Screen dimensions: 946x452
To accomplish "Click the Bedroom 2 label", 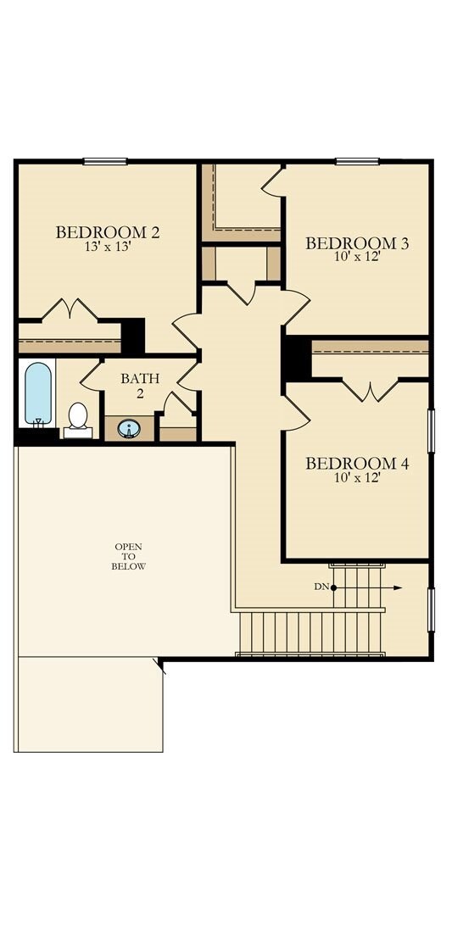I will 108,231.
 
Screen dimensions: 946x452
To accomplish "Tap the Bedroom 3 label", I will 357,243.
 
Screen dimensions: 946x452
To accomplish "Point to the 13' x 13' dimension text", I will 108,248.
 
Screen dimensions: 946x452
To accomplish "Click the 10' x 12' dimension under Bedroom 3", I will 356,257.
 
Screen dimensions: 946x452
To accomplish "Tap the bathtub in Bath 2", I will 38,394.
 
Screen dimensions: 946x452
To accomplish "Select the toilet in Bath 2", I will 78,417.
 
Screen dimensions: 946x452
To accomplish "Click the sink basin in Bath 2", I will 129,429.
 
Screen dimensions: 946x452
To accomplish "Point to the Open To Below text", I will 129,556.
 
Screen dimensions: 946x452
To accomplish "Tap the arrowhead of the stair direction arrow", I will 398,587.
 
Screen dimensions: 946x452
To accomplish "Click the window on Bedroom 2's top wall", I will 104,161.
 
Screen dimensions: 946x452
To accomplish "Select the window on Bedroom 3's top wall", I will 356,161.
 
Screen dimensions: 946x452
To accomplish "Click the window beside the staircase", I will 431,609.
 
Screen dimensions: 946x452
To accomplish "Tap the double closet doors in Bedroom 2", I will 70,309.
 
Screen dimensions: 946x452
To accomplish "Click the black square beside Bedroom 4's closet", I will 297,359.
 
